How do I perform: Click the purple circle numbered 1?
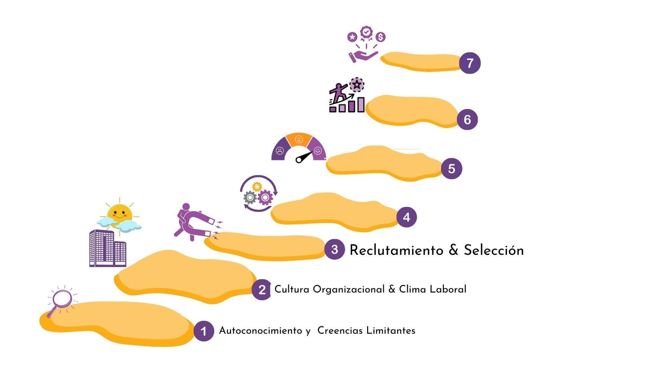[204, 331]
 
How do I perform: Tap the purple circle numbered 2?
[262, 289]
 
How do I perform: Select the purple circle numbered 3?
[334, 249]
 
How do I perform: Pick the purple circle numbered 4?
[407, 217]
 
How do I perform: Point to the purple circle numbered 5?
[452, 169]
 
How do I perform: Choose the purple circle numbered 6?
[467, 119]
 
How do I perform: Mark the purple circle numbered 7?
[470, 63]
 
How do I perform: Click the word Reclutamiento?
[396, 250]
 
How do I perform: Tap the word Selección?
[493, 250]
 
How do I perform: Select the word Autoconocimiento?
[260, 331]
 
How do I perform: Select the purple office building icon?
[107, 248]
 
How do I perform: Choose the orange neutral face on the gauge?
[298, 140]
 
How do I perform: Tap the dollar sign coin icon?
[381, 37]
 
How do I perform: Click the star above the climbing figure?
[356, 84]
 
